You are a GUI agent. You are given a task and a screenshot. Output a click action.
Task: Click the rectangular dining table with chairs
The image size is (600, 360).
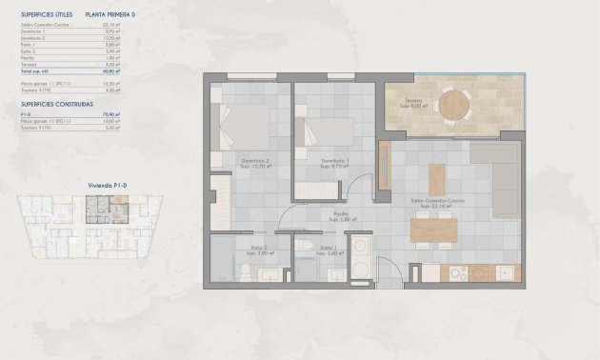[x=434, y=231]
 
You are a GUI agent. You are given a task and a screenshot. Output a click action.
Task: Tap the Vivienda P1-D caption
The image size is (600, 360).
[x=94, y=187]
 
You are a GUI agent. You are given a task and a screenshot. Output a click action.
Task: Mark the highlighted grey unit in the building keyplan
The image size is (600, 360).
[x=96, y=205]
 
